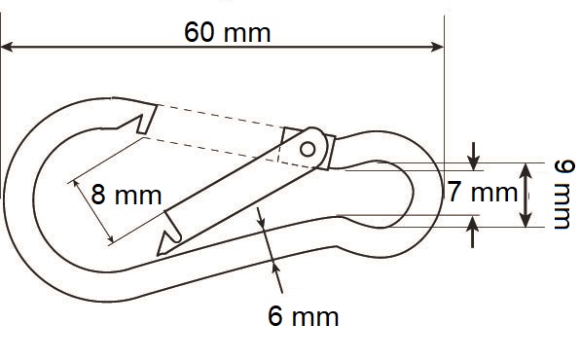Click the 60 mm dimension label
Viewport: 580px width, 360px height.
(x=228, y=32)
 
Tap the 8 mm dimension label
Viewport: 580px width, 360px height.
(x=127, y=195)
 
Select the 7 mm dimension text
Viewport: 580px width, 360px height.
(x=483, y=192)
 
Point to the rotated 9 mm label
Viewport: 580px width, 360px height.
(x=563, y=195)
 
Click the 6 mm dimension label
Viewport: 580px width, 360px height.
(x=303, y=316)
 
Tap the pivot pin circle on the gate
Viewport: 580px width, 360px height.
(x=308, y=150)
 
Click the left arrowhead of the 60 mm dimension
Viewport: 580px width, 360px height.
(x=8, y=47)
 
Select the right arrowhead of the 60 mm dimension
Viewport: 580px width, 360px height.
(x=437, y=47)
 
